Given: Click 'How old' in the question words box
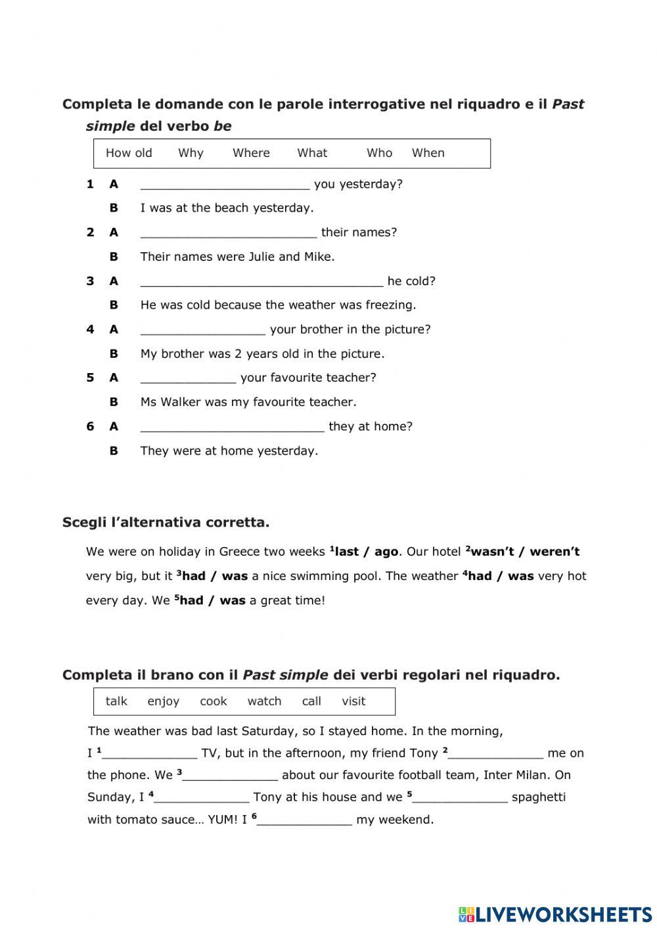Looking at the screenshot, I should [129, 153].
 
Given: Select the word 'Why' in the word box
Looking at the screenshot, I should [191, 153].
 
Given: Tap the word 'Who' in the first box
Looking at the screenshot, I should [379, 153].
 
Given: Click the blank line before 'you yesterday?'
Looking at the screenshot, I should [225, 185].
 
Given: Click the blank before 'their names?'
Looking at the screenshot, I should [229, 233].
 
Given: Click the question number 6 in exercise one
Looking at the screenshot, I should [90, 426].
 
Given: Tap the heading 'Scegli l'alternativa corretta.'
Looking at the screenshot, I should [166, 523].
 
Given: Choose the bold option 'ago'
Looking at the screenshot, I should [386, 552].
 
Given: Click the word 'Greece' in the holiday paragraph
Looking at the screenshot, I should [240, 552].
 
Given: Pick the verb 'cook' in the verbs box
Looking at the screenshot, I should [213, 701].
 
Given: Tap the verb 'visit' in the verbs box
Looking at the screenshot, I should [353, 701].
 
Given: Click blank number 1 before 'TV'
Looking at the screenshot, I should [150, 754].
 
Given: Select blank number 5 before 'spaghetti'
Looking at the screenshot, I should [460, 798].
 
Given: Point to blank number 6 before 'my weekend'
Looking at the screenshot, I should [305, 820].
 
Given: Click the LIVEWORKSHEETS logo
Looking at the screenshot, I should [555, 914].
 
